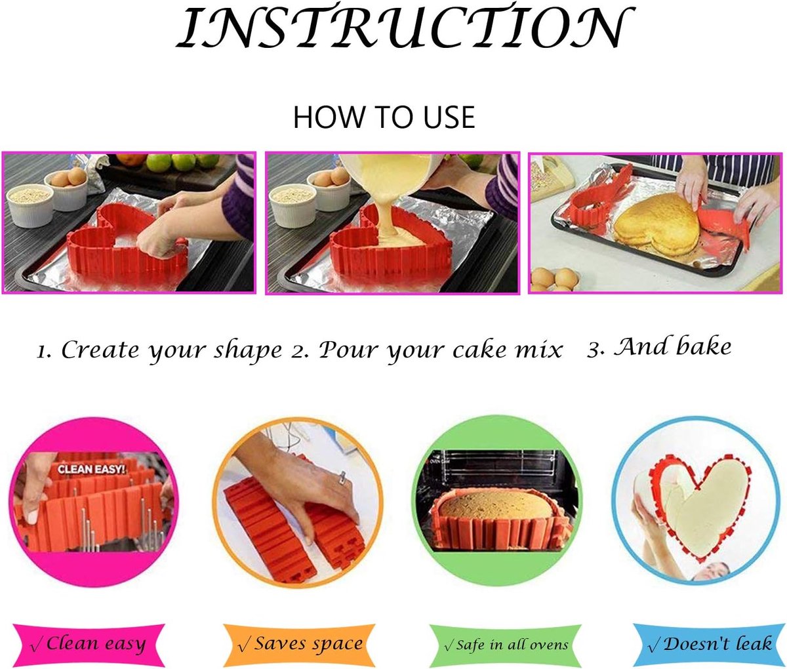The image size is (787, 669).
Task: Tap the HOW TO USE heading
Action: coord(384,117)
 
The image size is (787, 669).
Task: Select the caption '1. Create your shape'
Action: coord(159,350)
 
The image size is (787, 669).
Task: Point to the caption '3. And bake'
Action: coord(659,347)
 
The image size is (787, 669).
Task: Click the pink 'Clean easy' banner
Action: coord(89,644)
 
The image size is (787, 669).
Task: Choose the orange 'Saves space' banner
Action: coord(299,644)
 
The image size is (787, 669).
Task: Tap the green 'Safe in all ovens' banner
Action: coord(506,645)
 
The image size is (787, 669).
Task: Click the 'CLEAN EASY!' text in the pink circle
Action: coord(91,469)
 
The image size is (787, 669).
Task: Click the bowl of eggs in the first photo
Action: coord(68,188)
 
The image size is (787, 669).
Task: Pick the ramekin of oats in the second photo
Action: coord(293,205)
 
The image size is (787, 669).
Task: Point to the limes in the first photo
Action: coord(183,162)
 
